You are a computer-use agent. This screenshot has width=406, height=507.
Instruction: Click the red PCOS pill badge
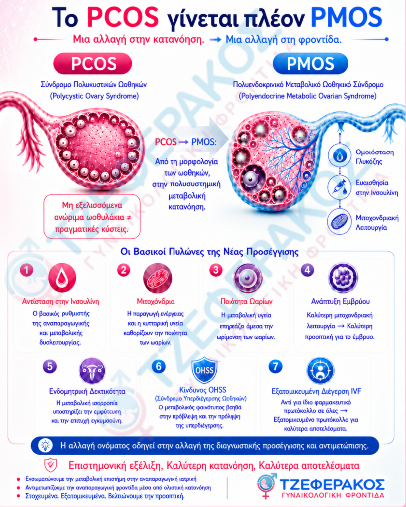click(93, 64)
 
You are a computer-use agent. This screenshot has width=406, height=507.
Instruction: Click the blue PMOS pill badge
click(310, 64)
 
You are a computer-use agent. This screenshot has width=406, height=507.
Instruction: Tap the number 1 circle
click(27, 270)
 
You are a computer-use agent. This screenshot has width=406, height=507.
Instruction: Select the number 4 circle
click(307, 270)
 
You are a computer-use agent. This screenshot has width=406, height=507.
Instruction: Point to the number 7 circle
click(275, 367)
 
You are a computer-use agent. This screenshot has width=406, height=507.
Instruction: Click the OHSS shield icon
click(204, 370)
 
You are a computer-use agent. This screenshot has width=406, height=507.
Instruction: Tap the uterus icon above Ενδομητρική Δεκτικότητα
click(92, 370)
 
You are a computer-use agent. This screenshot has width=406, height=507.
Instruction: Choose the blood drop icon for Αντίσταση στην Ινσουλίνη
click(62, 278)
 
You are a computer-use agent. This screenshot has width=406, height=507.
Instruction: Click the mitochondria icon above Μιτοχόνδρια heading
click(158, 278)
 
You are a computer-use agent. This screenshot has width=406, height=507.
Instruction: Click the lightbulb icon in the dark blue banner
click(45, 446)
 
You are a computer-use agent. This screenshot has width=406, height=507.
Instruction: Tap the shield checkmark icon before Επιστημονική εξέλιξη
click(51, 465)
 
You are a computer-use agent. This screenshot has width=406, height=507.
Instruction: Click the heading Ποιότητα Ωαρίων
click(246, 302)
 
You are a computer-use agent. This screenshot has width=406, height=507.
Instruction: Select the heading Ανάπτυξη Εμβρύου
click(340, 302)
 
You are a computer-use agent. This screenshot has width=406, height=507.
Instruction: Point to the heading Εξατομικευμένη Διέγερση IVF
click(316, 391)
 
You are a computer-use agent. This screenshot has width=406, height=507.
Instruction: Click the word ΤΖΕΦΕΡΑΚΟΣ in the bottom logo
click(332, 485)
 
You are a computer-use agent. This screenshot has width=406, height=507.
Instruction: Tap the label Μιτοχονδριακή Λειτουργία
click(377, 222)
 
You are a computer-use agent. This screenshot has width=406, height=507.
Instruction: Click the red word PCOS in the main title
click(123, 17)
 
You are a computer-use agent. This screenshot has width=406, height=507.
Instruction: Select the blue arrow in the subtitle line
click(215, 40)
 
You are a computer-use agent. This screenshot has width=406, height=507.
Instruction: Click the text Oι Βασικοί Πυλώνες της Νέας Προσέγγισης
click(210, 252)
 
